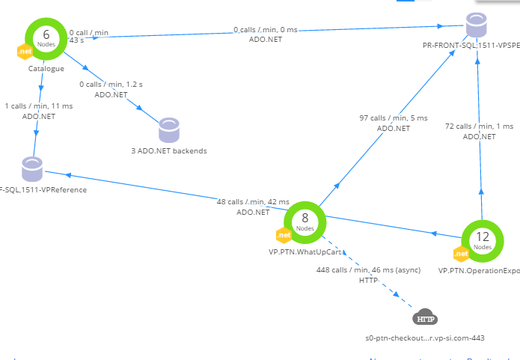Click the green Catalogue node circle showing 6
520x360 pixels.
[x=46, y=37]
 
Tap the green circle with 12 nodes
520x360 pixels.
[x=483, y=240]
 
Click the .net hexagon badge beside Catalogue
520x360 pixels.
[x=24, y=51]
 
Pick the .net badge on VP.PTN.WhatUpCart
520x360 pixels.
[x=284, y=235]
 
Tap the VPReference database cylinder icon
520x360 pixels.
[x=32, y=169]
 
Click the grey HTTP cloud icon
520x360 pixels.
[x=425, y=318]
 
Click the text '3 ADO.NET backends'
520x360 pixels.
[x=168, y=150]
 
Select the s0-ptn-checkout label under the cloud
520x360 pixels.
[x=425, y=338]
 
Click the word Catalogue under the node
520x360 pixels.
[x=46, y=68]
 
